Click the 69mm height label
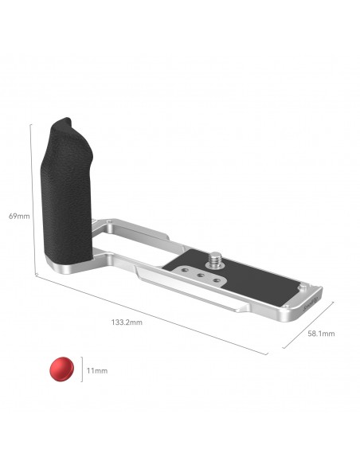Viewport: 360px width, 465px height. tap(19, 216)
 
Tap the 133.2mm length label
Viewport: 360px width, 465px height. tap(127, 322)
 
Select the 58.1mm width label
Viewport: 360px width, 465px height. tap(321, 334)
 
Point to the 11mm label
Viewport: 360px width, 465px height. tap(97, 371)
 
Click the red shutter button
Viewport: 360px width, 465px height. tap(61, 369)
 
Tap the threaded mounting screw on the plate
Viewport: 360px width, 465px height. tap(216, 260)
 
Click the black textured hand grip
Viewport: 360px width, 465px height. tap(67, 191)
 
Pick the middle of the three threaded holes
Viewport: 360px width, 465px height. tap(201, 275)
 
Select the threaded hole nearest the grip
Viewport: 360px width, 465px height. tap(185, 270)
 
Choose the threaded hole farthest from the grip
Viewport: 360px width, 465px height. tap(217, 280)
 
